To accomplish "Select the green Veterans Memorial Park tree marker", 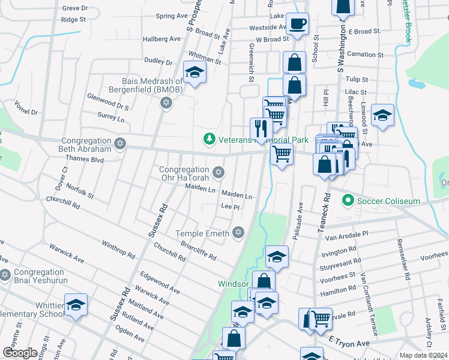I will click(209, 139).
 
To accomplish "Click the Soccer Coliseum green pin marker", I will click(347, 200).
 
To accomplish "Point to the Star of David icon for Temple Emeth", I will click(238, 233).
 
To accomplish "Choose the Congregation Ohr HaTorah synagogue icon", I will click(218, 173).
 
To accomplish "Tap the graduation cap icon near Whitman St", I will click(194, 73).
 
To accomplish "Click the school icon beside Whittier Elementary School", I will click(76, 305).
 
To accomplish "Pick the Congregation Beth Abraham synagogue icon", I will click(120, 144).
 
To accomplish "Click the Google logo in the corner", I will click(20, 353).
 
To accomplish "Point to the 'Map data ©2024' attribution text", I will click(423, 355).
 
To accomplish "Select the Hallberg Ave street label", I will click(161, 38).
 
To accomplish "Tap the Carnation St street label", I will click(356, 54).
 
